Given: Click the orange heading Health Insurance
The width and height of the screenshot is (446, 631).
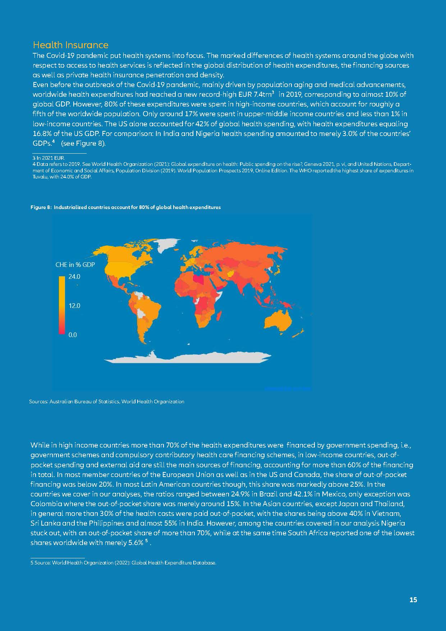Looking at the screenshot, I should [70, 45].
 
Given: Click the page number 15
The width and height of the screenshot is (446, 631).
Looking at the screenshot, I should [413, 600].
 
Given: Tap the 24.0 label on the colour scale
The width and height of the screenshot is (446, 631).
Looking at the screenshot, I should [74, 277].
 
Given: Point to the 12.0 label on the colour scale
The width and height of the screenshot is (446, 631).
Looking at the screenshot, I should [74, 306].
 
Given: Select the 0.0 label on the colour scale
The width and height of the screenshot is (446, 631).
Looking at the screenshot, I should [73, 335].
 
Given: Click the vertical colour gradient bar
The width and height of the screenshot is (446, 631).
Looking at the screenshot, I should [62, 305].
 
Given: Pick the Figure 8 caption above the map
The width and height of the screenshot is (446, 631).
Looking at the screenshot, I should [125, 208].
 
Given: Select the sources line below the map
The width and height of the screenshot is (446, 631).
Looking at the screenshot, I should [107, 401].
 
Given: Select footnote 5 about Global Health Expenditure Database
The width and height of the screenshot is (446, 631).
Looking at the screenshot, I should [124, 563].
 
